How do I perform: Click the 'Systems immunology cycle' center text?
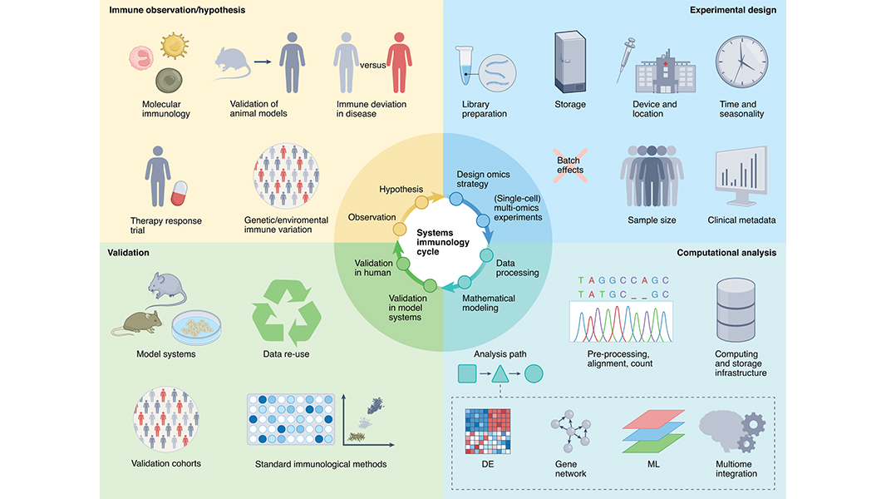pyautogui.click(x=442, y=242)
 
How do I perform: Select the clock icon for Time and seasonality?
pyautogui.click(x=741, y=63)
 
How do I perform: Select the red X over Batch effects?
pyautogui.click(x=570, y=164)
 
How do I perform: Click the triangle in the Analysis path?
pyautogui.click(x=500, y=374)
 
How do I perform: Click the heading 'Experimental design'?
pyautogui.click(x=733, y=11)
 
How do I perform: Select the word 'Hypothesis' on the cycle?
pyautogui.click(x=401, y=190)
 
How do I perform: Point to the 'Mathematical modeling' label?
pyautogui.click(x=488, y=303)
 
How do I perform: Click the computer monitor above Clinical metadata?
pyautogui.click(x=741, y=177)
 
